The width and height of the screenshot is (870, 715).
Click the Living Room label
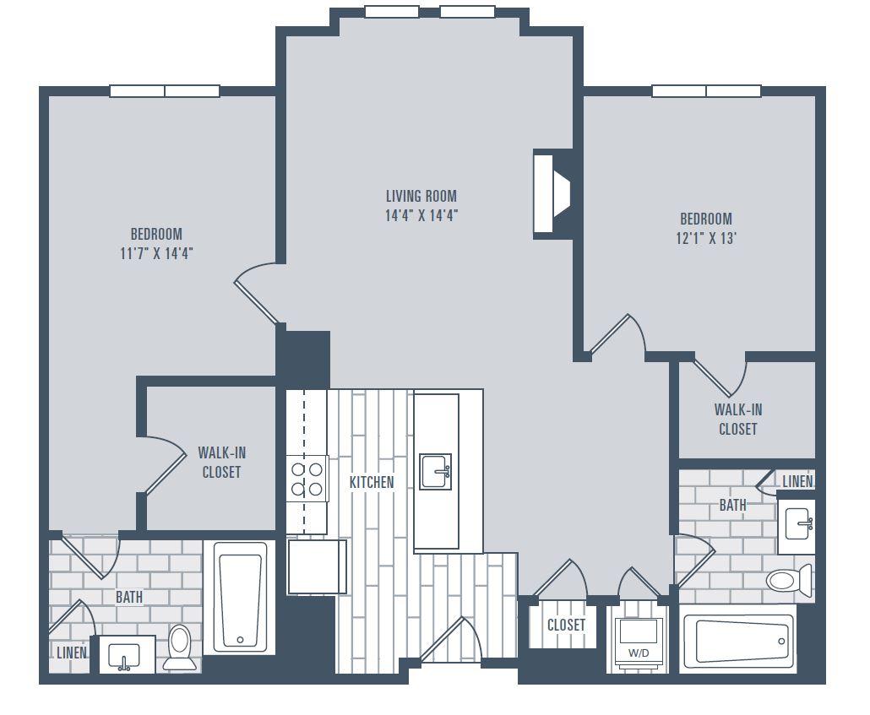pos(421,196)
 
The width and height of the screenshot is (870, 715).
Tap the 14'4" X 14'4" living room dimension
pos(421,215)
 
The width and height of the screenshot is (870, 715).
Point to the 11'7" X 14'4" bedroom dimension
pos(156,253)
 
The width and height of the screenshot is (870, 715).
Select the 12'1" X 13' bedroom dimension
pos(706,238)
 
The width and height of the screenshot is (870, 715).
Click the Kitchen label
pos(372,482)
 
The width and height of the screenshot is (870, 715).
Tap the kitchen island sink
pos(435,472)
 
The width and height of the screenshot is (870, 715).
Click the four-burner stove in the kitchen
pos(307,479)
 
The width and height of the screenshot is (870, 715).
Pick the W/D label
pos(638,653)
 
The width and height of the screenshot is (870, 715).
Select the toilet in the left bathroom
pos(179,647)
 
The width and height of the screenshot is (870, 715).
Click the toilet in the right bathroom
pos(789,580)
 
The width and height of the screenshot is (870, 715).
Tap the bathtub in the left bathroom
pos(240,596)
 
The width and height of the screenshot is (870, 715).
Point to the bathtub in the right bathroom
pos(737,640)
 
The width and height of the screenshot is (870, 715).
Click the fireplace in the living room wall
pos(551,193)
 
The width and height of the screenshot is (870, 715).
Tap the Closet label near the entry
pos(566,626)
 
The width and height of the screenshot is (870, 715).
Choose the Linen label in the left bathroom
pos(72,653)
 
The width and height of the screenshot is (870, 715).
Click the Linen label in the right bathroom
pos(797,481)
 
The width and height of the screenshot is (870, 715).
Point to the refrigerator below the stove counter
pos(317,567)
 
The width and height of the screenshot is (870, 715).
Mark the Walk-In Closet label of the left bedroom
pos(222,463)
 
